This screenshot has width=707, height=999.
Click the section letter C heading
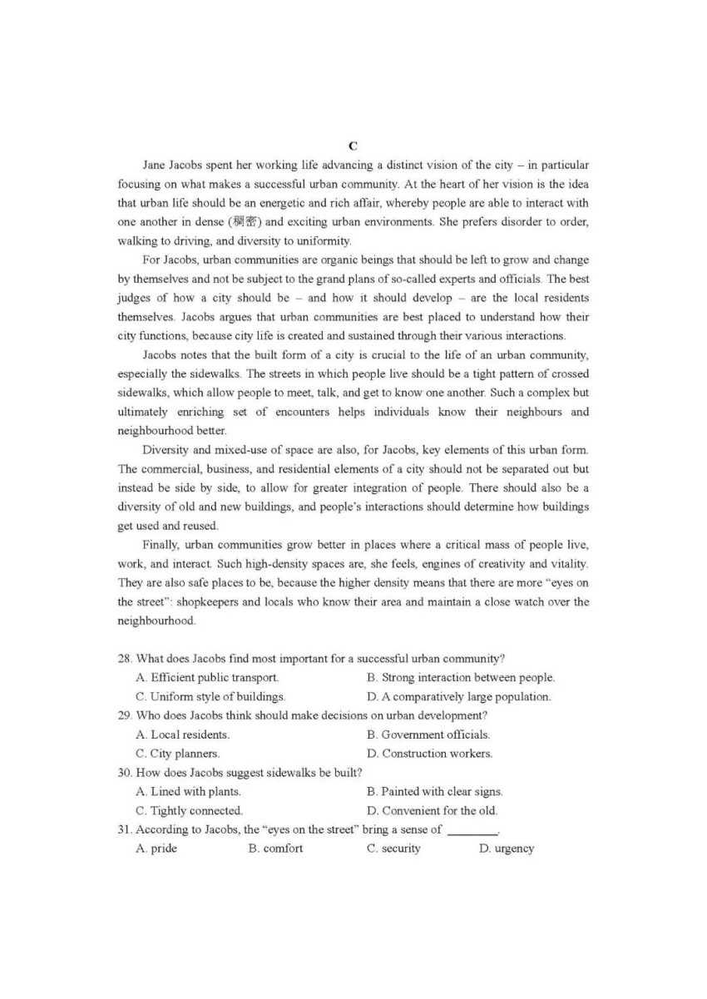pyautogui.click(x=353, y=146)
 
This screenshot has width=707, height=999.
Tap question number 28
pyautogui.click(x=125, y=659)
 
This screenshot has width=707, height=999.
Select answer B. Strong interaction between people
pyautogui.click(x=461, y=678)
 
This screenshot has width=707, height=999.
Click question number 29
pyautogui.click(x=125, y=715)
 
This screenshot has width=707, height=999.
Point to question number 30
pyautogui.click(x=125, y=773)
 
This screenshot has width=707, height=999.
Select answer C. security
pyautogui.click(x=393, y=848)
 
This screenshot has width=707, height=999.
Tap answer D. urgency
pyautogui.click(x=507, y=848)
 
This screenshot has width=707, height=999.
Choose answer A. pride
pyautogui.click(x=156, y=848)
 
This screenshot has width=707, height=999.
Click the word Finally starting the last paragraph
pyautogui.click(x=161, y=545)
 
